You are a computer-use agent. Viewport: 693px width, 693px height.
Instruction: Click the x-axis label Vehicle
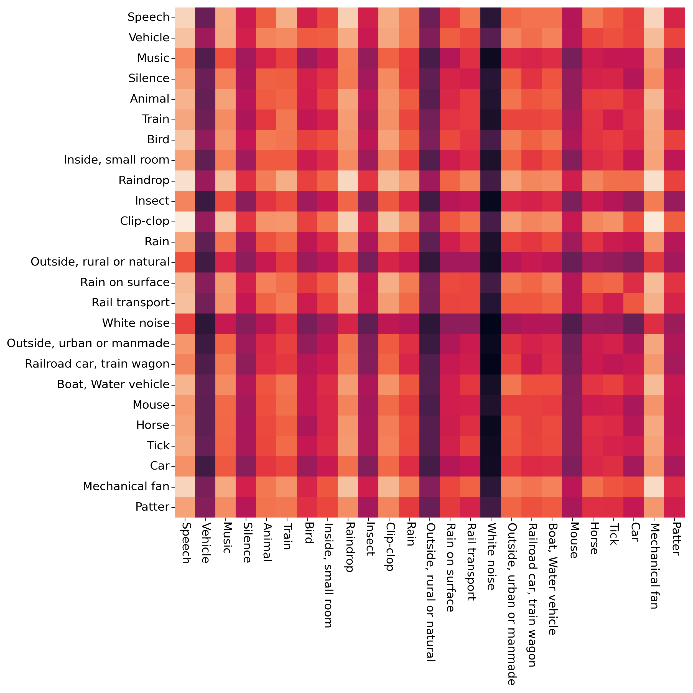205,542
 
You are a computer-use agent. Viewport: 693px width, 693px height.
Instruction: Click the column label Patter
674,538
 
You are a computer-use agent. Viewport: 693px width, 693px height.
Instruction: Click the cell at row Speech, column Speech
185,17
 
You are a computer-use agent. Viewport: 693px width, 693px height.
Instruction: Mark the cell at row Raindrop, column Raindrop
348,180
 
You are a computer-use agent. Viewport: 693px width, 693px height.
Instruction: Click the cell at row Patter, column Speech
185,507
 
